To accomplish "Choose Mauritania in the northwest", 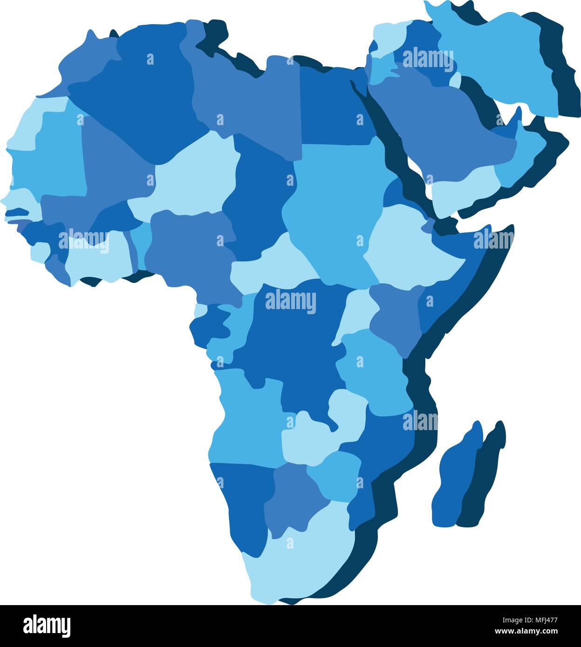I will point(51,149).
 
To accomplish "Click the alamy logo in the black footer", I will point(47,626).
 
